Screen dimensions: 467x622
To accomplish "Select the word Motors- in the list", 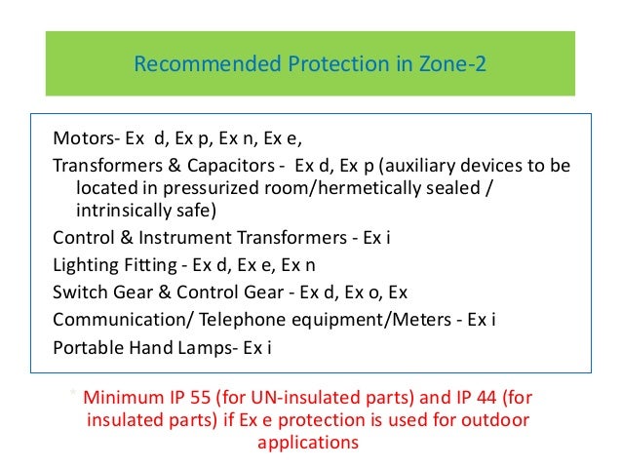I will pos(86,138).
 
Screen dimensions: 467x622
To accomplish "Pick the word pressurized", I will pos(195,186).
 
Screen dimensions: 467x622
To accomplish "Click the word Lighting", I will pos(84,263).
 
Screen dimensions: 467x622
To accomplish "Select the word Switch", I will pos(80,291).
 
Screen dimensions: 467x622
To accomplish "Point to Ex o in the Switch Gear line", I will pos(367,291).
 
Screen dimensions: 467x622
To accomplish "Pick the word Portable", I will pos(87,345).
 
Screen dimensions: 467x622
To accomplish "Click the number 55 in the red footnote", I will pos(207,398).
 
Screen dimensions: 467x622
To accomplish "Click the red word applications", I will pos(308,443).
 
